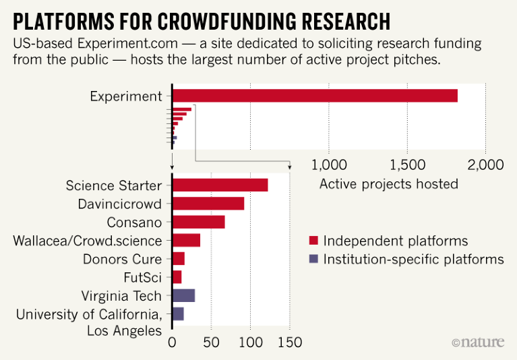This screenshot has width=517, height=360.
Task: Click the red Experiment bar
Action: [315, 96]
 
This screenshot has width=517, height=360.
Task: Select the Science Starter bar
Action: [220, 185]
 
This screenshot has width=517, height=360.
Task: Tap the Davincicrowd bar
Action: [208, 204]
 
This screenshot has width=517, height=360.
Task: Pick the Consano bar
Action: [199, 222]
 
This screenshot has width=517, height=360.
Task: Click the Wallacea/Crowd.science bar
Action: [187, 240]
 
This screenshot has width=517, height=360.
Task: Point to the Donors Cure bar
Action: [179, 258]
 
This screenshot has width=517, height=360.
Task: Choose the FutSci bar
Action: [177, 276]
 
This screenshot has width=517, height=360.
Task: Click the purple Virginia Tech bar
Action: [184, 295]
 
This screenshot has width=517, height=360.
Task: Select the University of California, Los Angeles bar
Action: [179, 313]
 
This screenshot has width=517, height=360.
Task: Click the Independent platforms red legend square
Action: [313, 241]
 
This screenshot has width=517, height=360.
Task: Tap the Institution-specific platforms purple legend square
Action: [313, 259]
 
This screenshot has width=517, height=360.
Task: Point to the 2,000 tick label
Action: [486, 165]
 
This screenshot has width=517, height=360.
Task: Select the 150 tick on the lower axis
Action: [290, 342]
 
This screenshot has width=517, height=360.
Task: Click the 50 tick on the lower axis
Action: [212, 342]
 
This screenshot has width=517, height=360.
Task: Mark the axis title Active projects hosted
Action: [388, 184]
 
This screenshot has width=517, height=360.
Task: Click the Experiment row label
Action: [126, 96]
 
